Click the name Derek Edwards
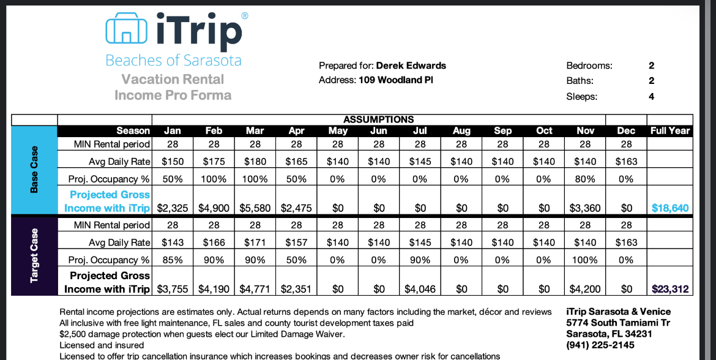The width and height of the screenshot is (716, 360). [411, 66]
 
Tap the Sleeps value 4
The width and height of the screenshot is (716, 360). [652, 96]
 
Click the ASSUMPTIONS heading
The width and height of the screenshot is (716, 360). [379, 119]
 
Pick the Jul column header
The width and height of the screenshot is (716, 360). [420, 130]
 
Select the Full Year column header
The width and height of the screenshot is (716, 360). [670, 130]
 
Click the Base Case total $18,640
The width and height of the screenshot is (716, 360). [670, 208]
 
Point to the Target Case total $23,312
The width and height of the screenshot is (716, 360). [670, 289]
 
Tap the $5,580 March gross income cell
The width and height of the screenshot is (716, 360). [255, 208]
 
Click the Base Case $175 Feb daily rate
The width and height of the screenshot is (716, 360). [214, 162]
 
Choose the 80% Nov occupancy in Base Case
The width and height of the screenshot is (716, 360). [585, 179]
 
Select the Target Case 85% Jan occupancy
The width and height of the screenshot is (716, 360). [172, 260]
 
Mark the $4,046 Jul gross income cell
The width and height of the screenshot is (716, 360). [420, 289]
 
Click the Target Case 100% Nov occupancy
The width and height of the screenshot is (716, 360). [585, 260]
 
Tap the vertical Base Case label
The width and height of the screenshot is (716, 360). [34, 170]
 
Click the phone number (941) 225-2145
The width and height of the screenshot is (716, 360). [600, 345]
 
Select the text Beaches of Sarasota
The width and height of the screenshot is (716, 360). [173, 61]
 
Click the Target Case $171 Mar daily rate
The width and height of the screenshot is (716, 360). [255, 242]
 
